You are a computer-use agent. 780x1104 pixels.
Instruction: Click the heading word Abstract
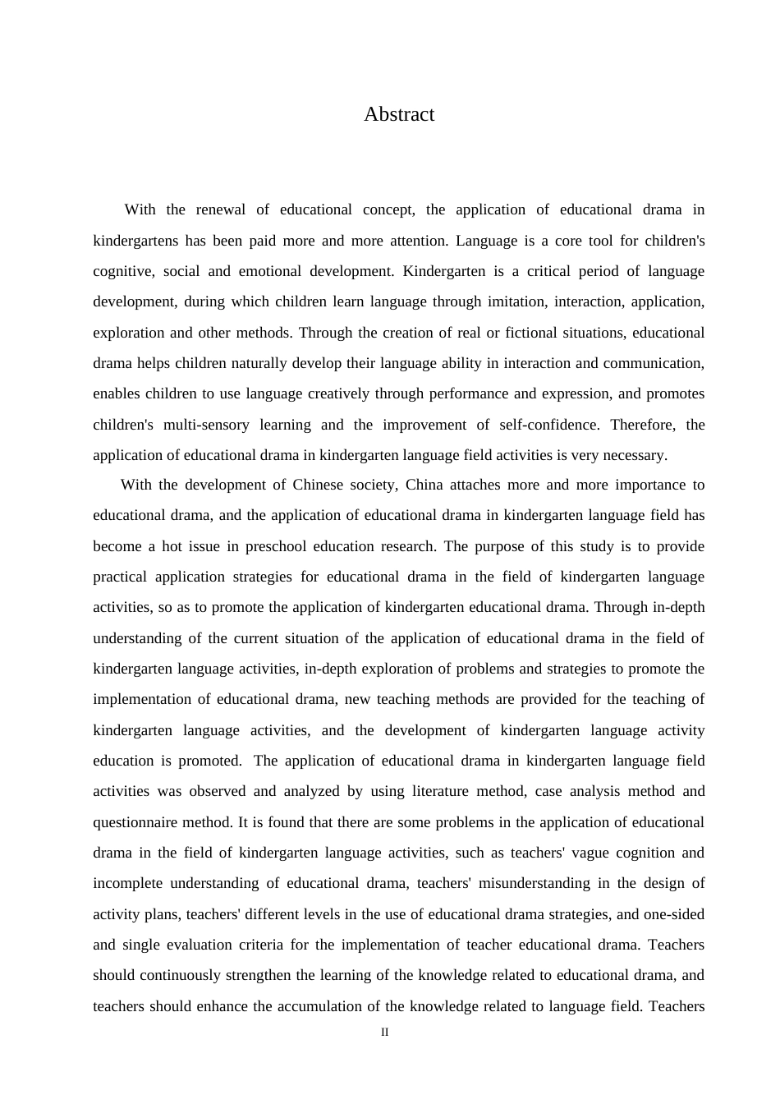coord(399,114)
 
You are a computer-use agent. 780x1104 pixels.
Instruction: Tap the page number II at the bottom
coord(384,1033)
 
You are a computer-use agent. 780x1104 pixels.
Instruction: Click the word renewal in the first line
coord(221,209)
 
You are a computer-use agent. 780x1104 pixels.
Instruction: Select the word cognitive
coord(122,271)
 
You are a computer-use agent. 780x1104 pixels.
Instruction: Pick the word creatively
coord(338,393)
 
